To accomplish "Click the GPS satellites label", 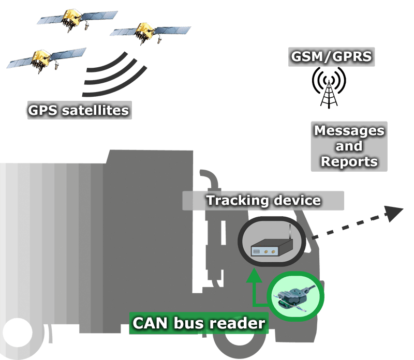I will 79,110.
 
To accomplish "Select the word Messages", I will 349,130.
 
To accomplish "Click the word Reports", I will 349,161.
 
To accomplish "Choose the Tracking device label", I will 263,200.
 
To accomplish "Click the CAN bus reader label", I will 199,324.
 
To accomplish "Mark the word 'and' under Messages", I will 349,146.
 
